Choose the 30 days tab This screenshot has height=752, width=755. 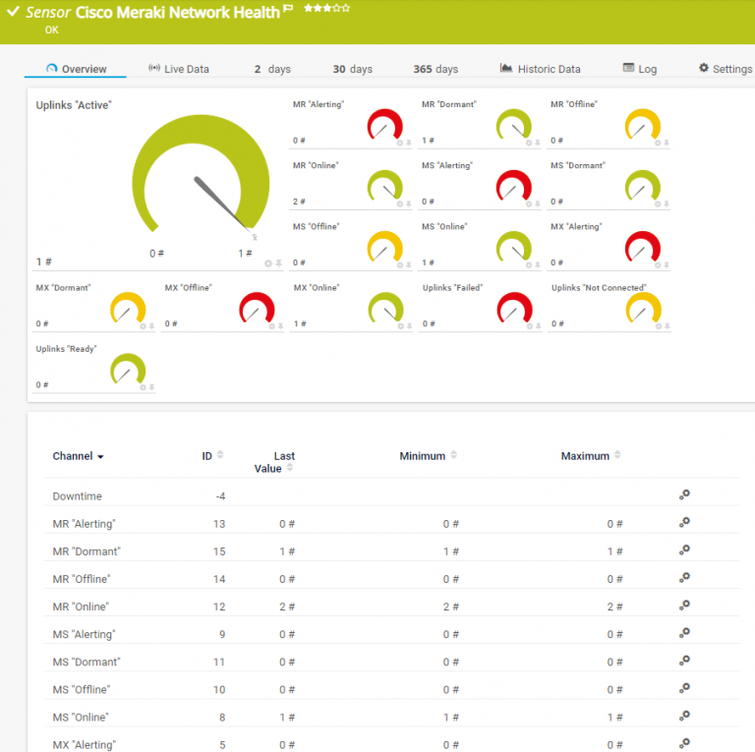tap(352, 69)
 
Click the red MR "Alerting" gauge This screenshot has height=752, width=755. tap(384, 126)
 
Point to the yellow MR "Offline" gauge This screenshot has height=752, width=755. tap(642, 126)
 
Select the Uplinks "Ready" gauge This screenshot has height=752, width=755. tap(128, 370)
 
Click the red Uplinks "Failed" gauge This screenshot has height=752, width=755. tap(514, 309)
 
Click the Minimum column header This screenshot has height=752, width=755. tap(423, 456)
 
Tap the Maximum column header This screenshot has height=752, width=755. tap(585, 456)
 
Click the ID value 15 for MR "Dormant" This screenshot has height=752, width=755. tap(219, 551)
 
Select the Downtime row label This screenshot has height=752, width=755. tap(77, 496)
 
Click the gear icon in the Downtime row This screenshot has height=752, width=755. tap(684, 495)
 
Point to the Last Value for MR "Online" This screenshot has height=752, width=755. tap(287, 607)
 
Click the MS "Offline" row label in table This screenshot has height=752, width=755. tap(81, 689)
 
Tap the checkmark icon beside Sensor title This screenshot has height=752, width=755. tap(14, 12)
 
